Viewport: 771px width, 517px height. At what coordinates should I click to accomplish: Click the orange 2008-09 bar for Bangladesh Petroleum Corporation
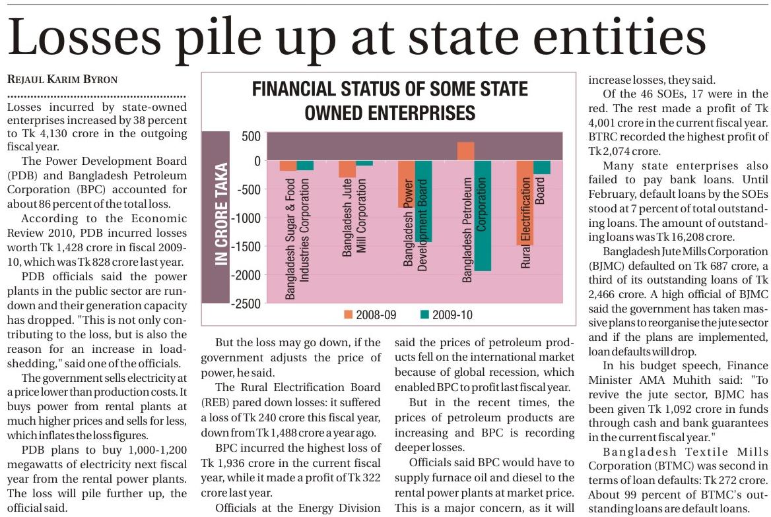(465, 152)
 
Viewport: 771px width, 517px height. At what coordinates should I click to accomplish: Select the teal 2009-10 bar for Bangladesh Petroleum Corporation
(483, 216)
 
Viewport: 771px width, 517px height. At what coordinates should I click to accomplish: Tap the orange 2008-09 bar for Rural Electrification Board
(525, 202)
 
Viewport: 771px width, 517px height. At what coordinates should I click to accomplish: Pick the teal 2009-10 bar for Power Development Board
(424, 201)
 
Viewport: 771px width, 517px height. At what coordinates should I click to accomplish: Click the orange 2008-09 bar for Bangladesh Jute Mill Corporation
(347, 169)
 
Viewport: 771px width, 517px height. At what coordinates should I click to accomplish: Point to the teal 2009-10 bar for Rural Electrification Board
(542, 167)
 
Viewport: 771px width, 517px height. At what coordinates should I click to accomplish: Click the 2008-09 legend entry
(370, 315)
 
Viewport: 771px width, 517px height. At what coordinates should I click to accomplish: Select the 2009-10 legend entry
(446, 315)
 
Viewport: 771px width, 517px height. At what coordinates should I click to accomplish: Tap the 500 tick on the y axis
(251, 137)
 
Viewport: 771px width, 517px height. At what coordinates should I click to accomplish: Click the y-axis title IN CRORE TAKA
(222, 214)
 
